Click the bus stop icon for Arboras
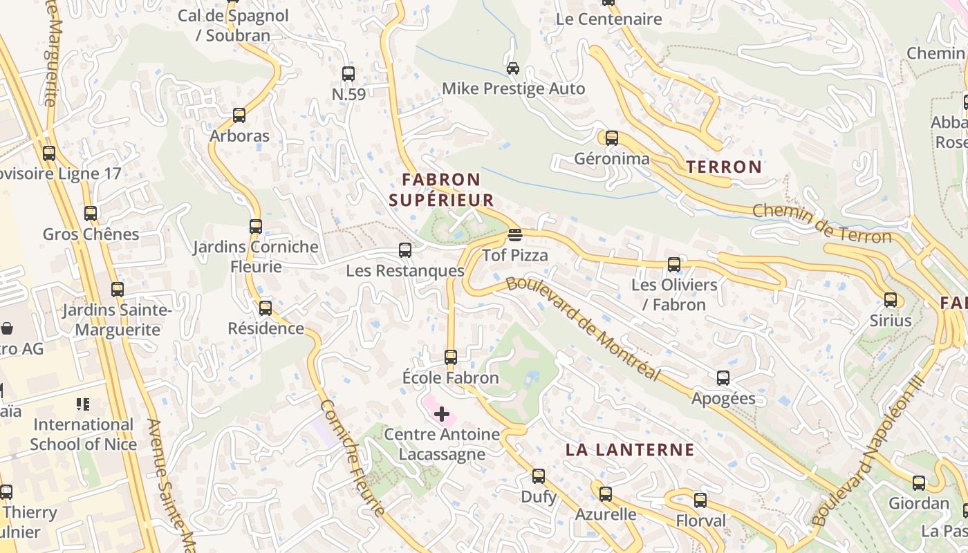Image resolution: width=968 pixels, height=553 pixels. [x=239, y=115]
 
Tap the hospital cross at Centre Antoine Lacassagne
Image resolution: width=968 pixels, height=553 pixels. [x=442, y=414]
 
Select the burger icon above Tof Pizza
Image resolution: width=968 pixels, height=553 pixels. [x=514, y=234]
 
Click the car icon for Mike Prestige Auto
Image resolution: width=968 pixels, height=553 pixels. [x=513, y=68]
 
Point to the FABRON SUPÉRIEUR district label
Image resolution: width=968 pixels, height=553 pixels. [x=441, y=190]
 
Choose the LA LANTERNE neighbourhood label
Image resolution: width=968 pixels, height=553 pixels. [x=630, y=450]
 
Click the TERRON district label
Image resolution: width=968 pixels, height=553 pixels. [x=724, y=167]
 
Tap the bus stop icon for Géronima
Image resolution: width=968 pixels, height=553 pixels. [x=612, y=138]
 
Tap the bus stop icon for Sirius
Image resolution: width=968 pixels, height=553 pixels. [x=891, y=300]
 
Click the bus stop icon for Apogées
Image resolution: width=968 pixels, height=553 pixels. [x=723, y=378]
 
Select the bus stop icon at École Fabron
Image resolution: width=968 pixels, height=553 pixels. [x=451, y=357]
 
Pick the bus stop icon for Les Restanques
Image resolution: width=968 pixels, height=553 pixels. [x=405, y=250]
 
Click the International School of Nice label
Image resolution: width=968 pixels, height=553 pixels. [x=83, y=434]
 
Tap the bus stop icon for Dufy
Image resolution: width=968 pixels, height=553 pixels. [x=539, y=476]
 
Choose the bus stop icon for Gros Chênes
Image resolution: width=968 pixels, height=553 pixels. [x=91, y=214]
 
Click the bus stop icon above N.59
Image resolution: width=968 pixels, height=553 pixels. [x=348, y=74]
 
